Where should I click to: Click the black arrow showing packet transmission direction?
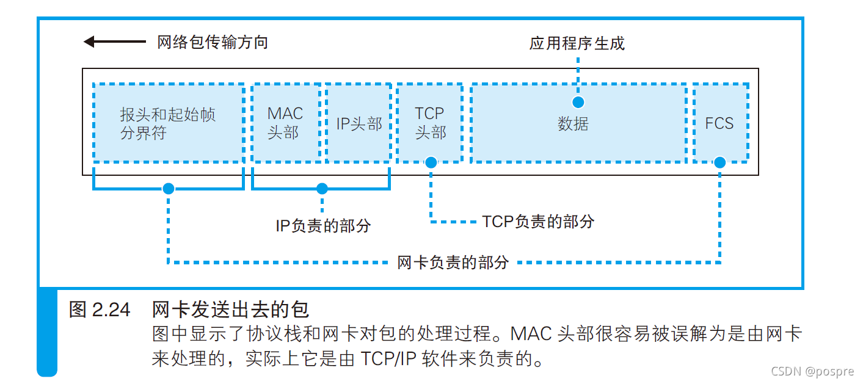114,42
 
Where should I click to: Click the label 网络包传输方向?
213,42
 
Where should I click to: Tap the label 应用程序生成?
577,43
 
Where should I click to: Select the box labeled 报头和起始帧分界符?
168,123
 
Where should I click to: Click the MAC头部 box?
285,123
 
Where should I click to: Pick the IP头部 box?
359,123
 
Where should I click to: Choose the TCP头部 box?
431,123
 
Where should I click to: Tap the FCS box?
720,123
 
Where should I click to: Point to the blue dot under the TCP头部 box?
431,162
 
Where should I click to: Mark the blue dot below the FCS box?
720,162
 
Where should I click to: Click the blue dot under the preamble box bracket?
168,189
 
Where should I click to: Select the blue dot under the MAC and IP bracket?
322,189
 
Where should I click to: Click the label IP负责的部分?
323,226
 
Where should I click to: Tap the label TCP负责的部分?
538,221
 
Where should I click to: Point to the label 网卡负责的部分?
453,263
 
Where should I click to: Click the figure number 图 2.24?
100,310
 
